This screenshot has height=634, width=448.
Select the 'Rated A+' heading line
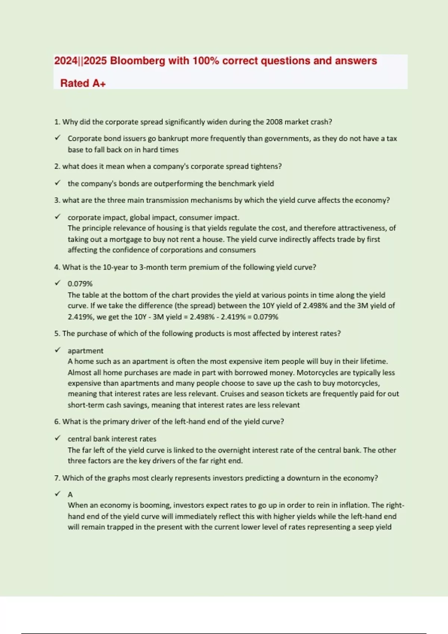pos(83,83)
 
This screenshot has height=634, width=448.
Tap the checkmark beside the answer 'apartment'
pos(57,350)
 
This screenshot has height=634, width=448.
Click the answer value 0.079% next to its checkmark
pos(80,284)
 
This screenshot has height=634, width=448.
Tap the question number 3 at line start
pos(56,200)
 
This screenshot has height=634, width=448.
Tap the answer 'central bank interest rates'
pos(112,439)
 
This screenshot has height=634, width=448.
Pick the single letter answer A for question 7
pos(70,495)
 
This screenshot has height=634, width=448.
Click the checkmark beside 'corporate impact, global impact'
pos(57,217)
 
